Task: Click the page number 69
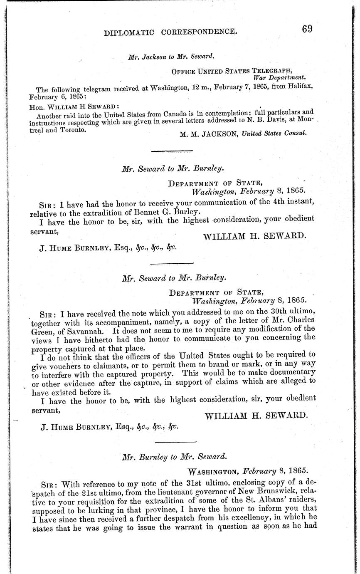[308, 28]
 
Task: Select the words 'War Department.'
[280, 77]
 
